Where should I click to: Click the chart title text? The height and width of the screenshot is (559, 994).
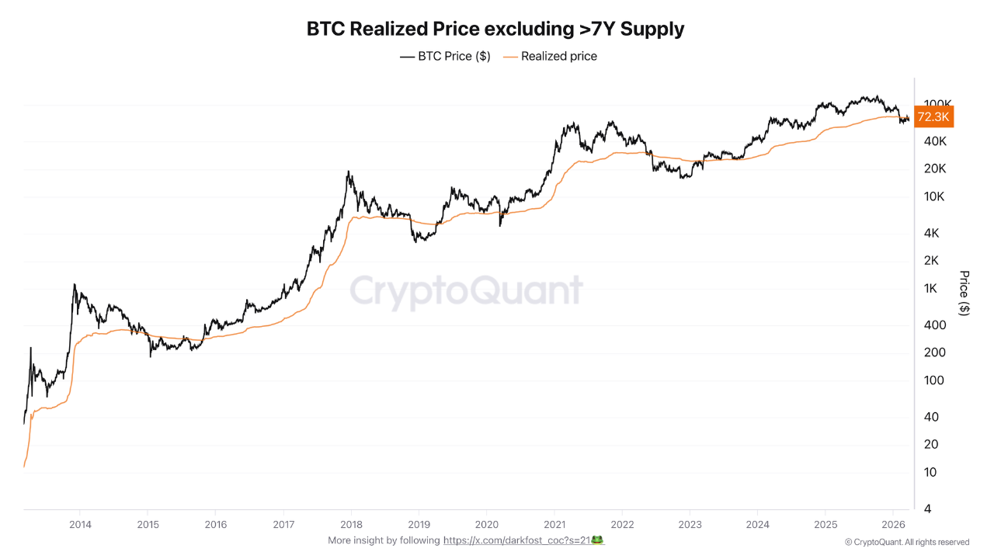[x=495, y=29]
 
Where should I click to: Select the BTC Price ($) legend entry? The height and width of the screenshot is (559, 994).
[x=445, y=57]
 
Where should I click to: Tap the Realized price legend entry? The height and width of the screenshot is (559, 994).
[x=551, y=57]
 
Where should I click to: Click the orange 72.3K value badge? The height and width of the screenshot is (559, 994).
[x=933, y=116]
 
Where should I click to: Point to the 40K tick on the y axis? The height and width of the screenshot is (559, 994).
[x=935, y=141]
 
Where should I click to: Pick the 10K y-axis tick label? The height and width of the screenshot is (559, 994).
[x=934, y=196]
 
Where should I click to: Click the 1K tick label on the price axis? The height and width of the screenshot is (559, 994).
[x=930, y=288]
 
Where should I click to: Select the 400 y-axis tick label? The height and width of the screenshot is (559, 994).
[x=935, y=325]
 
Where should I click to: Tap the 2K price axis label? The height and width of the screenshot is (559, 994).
[x=931, y=260]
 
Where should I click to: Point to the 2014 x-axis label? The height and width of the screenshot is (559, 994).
[x=80, y=525]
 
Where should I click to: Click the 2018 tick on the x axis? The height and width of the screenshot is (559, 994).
[x=352, y=525]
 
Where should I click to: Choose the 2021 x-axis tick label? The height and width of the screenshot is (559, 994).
[x=554, y=525]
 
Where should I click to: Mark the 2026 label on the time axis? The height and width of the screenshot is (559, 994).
[x=893, y=525]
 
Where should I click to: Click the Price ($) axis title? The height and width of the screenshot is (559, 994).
[x=964, y=293]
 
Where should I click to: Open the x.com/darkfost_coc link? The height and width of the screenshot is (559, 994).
[x=517, y=540]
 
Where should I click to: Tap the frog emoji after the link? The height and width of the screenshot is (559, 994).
[x=597, y=540]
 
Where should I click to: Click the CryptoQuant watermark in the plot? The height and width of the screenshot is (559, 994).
[x=466, y=290]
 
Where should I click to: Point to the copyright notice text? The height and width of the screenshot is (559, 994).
[x=907, y=542]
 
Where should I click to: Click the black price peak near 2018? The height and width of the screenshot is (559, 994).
[x=349, y=172]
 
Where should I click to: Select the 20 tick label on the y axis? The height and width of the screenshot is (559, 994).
[x=931, y=444]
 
